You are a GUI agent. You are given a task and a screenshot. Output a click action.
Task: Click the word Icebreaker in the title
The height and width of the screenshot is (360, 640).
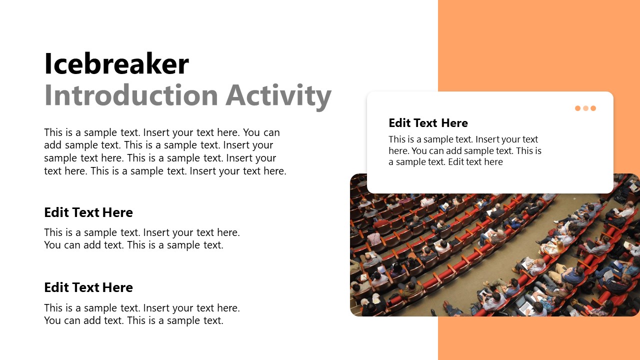point(116,64)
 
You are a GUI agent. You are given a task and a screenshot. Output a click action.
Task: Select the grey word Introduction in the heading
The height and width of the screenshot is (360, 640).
point(131,95)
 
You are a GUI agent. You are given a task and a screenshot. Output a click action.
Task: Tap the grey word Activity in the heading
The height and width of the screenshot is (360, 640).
point(278,95)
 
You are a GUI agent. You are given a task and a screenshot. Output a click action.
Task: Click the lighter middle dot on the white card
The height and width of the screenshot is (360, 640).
point(585,108)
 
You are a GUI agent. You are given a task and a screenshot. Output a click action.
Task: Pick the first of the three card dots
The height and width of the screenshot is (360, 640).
point(577,108)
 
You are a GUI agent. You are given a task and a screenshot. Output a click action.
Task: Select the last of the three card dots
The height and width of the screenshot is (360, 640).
point(593,108)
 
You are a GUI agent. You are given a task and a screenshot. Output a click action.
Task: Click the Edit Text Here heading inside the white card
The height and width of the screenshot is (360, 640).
point(428,123)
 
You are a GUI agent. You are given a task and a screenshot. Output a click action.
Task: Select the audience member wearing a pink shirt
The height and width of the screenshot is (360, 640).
point(373,238)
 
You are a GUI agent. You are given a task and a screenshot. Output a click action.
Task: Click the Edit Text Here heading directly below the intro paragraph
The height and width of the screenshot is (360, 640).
point(88,212)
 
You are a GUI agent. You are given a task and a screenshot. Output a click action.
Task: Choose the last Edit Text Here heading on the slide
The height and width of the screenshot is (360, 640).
point(88,287)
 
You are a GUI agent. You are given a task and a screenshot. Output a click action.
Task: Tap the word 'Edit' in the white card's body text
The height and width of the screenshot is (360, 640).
point(456,162)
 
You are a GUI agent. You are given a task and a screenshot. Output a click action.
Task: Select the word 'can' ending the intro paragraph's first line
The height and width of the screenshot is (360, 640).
point(271,132)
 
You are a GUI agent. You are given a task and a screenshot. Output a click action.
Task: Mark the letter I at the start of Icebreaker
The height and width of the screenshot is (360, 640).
point(48,64)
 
